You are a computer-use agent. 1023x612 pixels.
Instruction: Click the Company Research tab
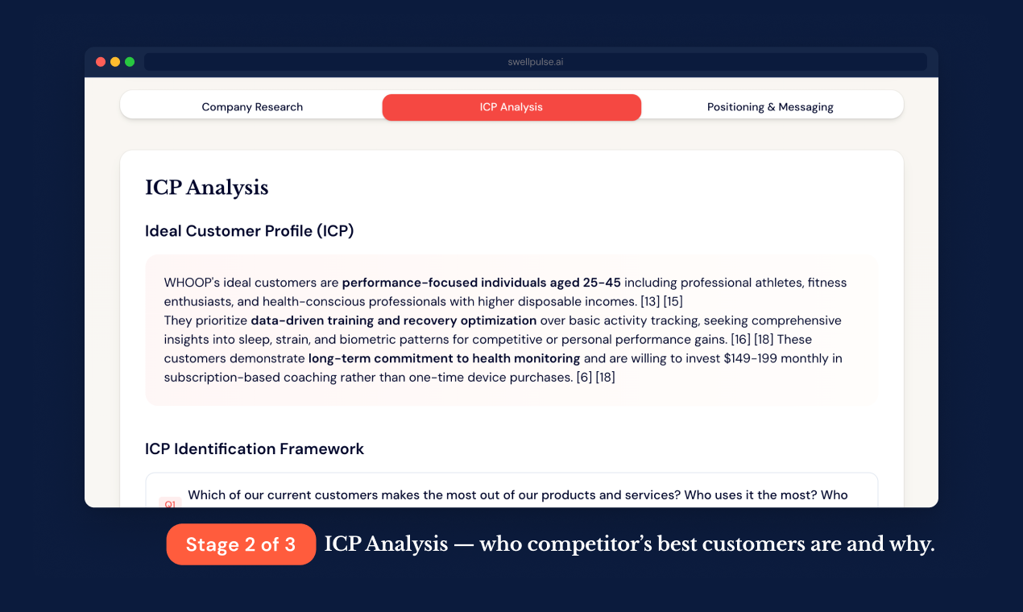coord(252,107)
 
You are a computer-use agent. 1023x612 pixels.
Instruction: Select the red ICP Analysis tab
coord(511,107)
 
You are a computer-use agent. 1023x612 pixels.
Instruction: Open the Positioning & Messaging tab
coord(770,107)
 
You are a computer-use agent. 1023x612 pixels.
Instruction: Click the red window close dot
coord(101,62)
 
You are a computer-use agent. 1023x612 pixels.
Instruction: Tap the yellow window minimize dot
coord(115,62)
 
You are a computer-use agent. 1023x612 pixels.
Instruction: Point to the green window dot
coord(130,62)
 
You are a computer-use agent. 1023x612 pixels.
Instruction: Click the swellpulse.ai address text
coord(536,62)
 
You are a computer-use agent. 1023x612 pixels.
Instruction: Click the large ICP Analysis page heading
coord(206,188)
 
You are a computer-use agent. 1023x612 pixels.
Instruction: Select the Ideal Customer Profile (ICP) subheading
coord(249,231)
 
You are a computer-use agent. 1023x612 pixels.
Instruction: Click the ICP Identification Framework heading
coord(255,449)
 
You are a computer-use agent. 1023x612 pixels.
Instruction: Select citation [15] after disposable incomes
coord(673,302)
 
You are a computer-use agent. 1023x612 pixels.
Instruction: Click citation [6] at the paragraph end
coord(584,377)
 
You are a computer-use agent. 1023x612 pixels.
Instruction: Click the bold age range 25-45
coord(602,283)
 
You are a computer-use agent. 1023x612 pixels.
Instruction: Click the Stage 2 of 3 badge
coord(241,544)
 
